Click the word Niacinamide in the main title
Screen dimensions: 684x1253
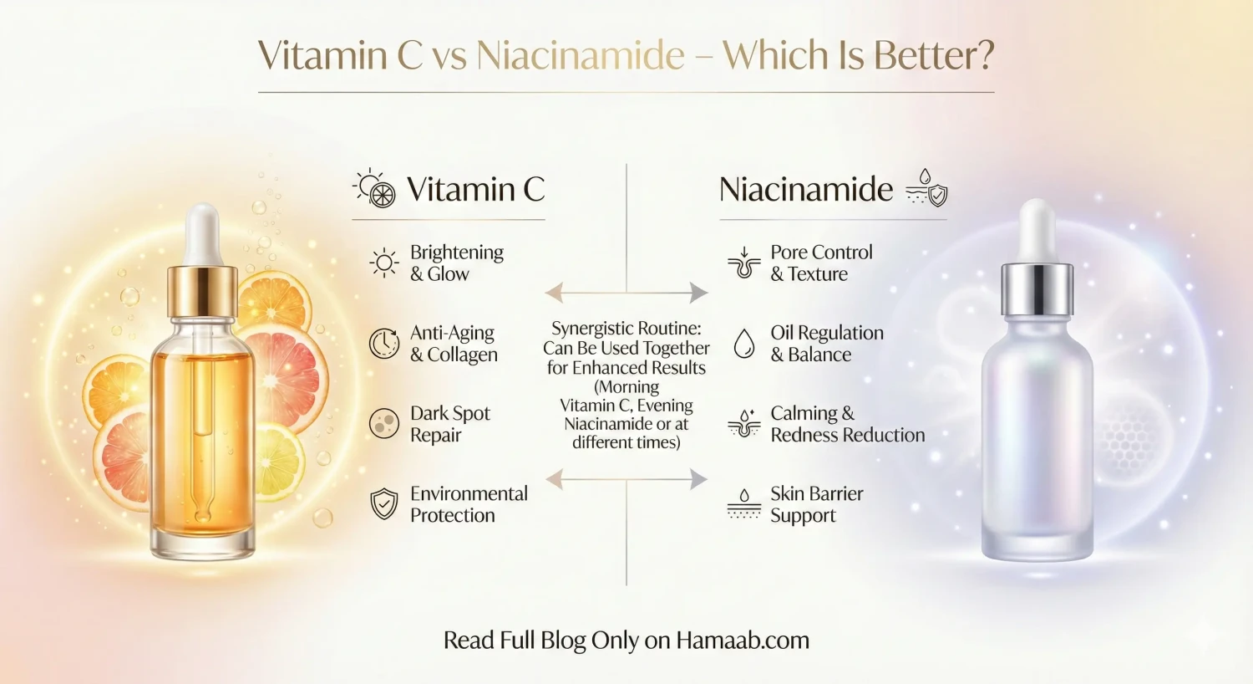581,56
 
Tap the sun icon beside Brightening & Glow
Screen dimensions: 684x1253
384,263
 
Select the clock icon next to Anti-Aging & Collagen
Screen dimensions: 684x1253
384,344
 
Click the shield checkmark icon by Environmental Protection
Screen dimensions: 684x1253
384,504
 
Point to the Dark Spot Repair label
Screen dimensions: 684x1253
449,424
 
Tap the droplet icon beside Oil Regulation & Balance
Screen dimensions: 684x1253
743,343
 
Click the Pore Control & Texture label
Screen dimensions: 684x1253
820,263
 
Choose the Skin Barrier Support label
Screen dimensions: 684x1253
816,504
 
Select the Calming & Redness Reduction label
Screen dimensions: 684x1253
847,424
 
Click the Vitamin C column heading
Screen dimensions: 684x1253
475,190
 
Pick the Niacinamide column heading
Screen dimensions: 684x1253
806,190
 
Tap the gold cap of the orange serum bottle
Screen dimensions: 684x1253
202,289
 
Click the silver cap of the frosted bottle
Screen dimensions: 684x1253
1037,288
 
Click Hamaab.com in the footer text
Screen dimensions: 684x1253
742,641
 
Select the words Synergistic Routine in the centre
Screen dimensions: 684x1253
626,329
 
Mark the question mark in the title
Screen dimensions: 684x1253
983,56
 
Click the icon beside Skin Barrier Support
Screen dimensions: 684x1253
743,504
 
